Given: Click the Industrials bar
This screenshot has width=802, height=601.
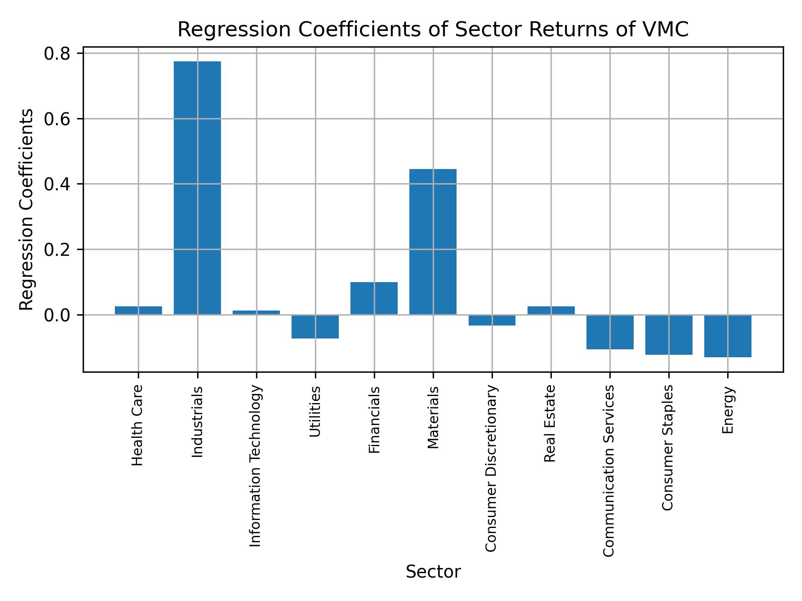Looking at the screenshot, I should [x=197, y=188].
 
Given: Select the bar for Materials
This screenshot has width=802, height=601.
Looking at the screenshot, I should [x=433, y=242].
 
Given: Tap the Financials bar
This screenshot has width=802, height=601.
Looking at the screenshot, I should [x=374, y=298].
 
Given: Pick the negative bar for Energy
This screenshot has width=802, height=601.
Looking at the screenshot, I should [x=728, y=336].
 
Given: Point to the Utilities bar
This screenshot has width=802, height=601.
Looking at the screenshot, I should [x=315, y=326].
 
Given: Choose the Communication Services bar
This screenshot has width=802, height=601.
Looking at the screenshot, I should [x=610, y=332].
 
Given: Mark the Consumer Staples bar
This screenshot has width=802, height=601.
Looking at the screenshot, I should [x=669, y=335].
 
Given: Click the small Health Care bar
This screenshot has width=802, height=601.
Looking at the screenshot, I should [x=138, y=311].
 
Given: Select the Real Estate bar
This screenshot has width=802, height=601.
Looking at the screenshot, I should [x=551, y=311].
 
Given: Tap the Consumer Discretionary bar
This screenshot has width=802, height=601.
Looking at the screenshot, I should [x=492, y=320].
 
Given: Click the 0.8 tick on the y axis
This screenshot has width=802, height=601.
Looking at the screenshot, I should [x=56, y=53].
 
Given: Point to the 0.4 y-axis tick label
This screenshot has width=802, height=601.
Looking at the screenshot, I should [x=56, y=184].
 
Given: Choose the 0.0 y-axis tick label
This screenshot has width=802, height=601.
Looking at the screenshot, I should [x=56, y=315].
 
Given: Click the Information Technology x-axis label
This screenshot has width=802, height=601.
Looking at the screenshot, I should [x=256, y=465].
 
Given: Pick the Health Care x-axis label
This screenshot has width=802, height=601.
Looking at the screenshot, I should [x=137, y=425].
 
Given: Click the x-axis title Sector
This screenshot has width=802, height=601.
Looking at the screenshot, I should [x=433, y=572].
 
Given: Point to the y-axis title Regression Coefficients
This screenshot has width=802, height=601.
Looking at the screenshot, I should [x=27, y=209].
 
